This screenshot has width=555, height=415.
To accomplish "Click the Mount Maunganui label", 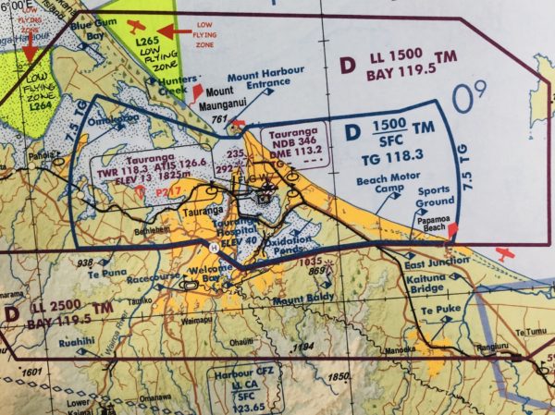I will [x=226, y=98].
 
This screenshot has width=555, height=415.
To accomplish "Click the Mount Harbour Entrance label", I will [x=262, y=87].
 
